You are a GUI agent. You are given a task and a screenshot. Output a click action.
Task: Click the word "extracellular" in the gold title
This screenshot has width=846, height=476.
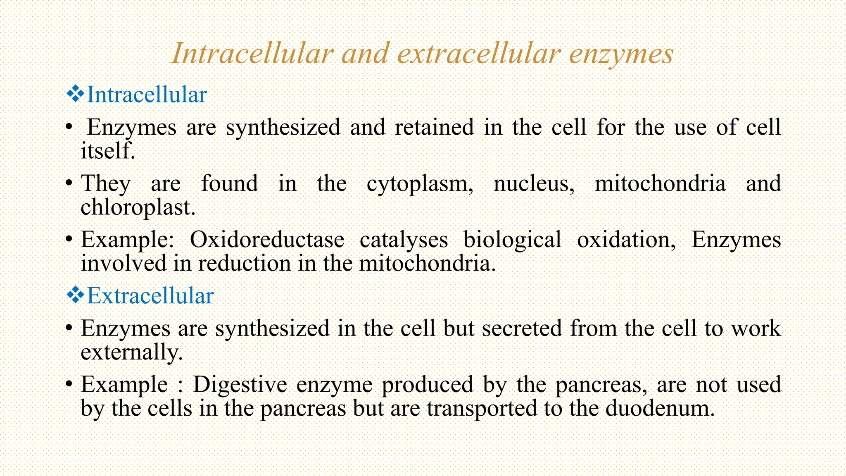(479, 54)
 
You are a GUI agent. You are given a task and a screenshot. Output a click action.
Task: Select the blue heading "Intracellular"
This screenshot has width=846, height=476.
(147, 95)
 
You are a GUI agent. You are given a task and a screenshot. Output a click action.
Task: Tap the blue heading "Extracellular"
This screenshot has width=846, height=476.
(150, 296)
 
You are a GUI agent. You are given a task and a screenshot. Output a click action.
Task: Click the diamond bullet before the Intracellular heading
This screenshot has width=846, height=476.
(75, 94)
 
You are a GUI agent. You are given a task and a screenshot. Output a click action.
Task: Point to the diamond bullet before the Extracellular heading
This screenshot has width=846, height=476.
(75, 295)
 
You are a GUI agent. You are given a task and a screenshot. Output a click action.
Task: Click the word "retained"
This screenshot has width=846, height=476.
(434, 127)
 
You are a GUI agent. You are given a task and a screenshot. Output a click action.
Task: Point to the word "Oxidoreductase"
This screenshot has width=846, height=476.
(267, 239)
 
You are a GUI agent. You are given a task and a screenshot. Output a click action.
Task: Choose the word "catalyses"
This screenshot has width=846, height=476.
(404, 240)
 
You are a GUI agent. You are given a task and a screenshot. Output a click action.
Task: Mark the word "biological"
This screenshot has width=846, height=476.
(512, 240)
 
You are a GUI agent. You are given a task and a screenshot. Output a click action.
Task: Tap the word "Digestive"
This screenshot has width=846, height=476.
(240, 385)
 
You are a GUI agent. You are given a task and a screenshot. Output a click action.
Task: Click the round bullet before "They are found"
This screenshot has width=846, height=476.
(69, 183)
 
